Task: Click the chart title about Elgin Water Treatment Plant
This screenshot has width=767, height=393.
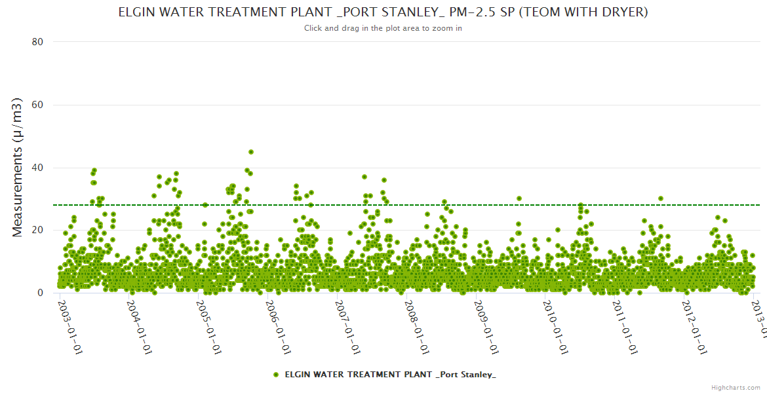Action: coord(383,12)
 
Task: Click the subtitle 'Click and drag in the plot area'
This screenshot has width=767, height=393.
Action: coord(383,28)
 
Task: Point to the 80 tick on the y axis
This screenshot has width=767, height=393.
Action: coord(37,42)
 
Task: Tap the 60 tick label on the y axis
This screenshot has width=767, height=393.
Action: coord(37,105)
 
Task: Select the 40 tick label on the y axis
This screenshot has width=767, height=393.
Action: coord(37,168)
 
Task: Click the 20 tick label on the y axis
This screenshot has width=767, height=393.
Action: coord(37,230)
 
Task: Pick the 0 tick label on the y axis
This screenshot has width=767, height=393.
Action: coord(40,293)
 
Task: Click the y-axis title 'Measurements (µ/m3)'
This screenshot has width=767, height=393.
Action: coord(18,167)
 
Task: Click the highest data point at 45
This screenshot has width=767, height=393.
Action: coord(251,152)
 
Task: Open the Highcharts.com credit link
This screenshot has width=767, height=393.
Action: coord(736,387)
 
